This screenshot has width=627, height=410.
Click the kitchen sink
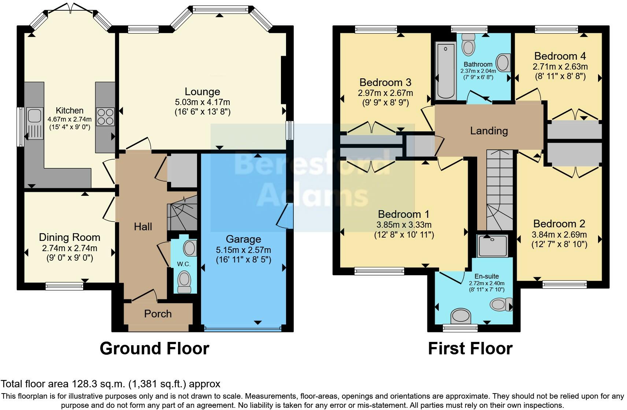35,123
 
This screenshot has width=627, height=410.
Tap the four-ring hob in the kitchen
105,117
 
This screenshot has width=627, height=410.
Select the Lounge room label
203,92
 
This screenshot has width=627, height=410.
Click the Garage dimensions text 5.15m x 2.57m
243,250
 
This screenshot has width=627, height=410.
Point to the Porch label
158,314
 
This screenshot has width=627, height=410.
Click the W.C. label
183,264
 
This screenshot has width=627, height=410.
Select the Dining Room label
70,237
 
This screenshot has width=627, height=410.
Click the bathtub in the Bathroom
446,71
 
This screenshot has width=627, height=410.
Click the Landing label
489,131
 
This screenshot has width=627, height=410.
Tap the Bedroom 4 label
560,56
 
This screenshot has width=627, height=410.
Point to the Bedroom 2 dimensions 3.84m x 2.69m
559,235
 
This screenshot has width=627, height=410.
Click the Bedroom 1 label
404,214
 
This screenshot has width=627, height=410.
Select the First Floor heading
471,348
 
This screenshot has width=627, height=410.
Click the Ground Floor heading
155,348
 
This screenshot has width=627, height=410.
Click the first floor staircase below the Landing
500,190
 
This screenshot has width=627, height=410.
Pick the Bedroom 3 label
385,82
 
